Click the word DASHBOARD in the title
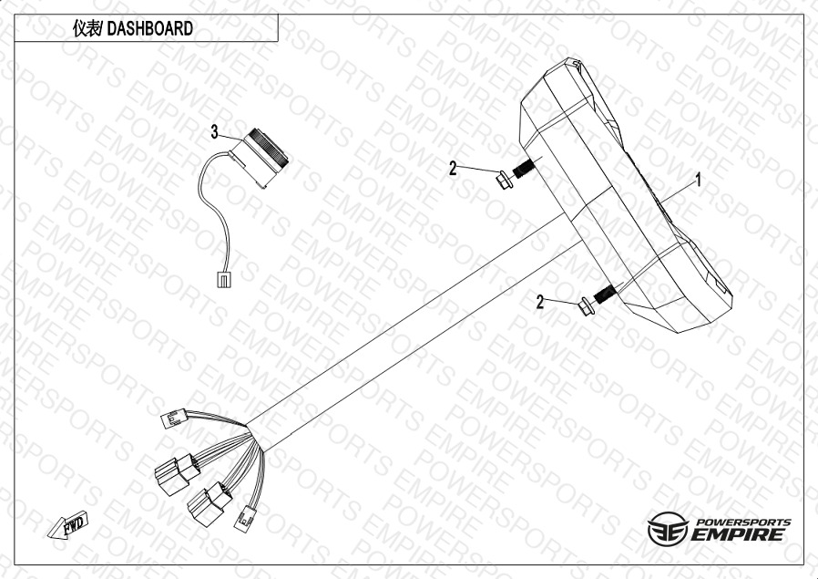tap(149, 28)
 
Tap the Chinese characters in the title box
tap(87, 28)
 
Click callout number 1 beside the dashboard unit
tap(698, 181)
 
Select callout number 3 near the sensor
tap(214, 132)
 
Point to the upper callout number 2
tap(453, 168)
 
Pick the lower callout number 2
tap(540, 302)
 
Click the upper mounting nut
tap(504, 181)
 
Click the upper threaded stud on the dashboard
tap(523, 169)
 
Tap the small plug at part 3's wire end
tap(223, 279)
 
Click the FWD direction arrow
tap(67, 523)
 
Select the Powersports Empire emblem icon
tap(668, 529)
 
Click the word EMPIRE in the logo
tap(737, 534)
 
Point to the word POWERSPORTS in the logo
tap(744, 522)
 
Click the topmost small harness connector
tap(174, 419)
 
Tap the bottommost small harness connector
tap(245, 519)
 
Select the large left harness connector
tap(177, 474)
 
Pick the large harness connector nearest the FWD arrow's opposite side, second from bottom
tap(210, 502)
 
